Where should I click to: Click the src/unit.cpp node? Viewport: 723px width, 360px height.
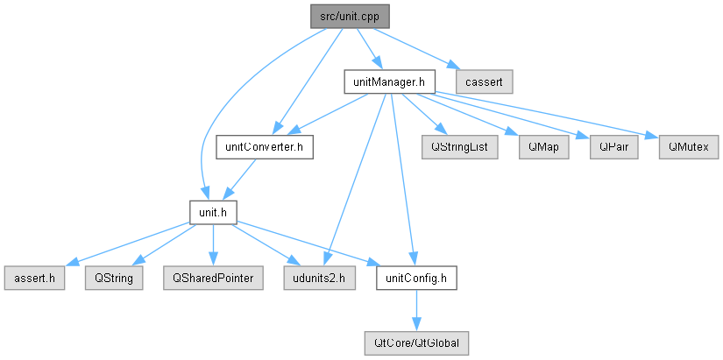350,17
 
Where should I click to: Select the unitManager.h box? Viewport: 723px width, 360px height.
388,81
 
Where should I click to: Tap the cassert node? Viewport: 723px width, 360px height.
484,81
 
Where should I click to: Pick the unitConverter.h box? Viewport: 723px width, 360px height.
264,147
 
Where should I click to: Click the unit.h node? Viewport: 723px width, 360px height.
213,212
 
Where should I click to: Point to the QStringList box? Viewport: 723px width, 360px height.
460,147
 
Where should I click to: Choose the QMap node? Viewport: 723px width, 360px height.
543,147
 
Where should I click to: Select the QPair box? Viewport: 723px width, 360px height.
613,147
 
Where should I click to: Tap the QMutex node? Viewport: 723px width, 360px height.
689,147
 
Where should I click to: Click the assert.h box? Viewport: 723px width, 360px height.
34,278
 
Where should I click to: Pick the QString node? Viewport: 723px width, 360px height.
114,278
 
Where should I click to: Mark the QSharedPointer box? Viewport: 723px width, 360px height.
213,278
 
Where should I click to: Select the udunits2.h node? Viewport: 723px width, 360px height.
320,278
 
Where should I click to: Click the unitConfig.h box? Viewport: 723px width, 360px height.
416,278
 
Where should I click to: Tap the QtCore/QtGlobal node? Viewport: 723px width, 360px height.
416,343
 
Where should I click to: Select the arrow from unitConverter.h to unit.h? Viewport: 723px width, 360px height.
242,180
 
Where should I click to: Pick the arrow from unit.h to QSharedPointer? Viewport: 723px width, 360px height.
213,244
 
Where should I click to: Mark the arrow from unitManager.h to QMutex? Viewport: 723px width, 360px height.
545,115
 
